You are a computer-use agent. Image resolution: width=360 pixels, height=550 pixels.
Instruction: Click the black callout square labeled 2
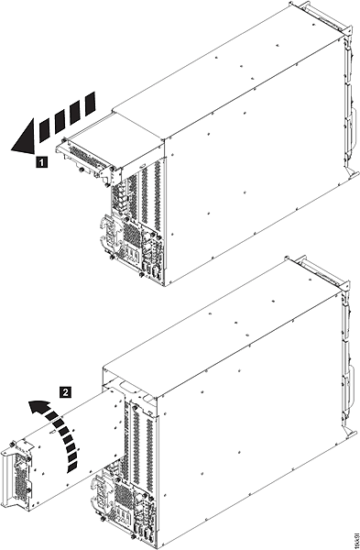click(63, 390)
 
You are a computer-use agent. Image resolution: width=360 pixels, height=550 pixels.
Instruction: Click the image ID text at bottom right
click(352, 530)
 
